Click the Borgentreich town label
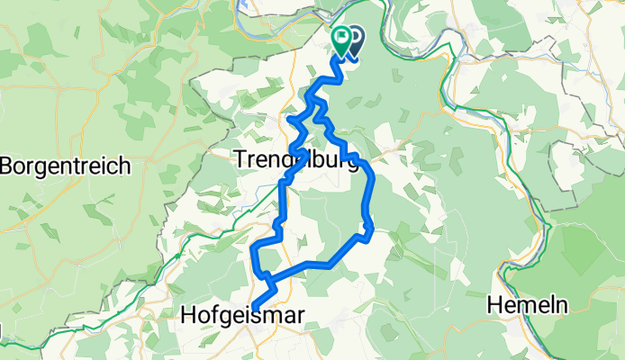coord(68,166)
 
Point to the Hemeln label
coord(527,306)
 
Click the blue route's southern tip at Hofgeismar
coord(252,310)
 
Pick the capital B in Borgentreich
coord(9,166)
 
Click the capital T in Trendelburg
coord(240,160)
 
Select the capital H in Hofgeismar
coord(188,314)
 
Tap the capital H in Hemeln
coord(494,306)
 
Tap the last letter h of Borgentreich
coord(126,166)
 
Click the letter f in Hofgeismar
coord(213,314)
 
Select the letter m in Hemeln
coord(524,306)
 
